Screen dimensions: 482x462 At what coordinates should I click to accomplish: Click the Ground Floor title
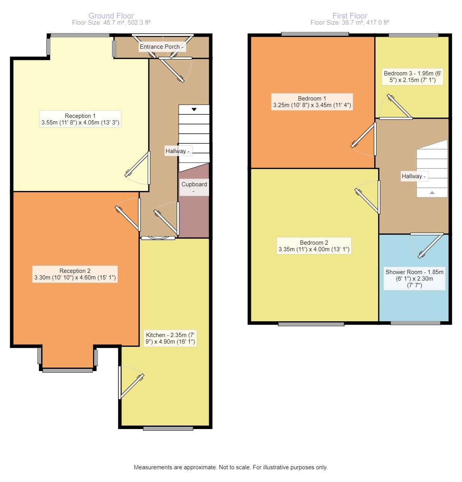coord(111,16)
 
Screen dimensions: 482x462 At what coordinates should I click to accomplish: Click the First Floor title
coord(349,16)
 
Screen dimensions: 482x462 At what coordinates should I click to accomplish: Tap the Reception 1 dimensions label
coord(80,119)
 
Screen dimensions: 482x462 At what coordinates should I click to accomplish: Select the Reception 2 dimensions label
coord(75,274)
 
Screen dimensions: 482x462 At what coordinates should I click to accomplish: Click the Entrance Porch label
coord(162,47)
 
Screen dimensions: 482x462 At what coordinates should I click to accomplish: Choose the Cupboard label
coord(194,187)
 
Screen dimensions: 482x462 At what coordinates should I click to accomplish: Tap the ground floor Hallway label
coord(177,151)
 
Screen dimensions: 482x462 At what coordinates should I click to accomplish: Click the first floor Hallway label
coord(413,176)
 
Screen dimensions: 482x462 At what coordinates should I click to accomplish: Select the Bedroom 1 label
coord(312,102)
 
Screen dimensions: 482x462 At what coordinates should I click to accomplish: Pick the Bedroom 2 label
coord(314,246)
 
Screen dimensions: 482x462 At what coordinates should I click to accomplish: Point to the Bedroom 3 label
coord(413,77)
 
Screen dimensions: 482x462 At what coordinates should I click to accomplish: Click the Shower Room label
coord(414,279)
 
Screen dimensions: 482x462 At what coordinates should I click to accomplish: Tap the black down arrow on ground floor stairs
coord(194,109)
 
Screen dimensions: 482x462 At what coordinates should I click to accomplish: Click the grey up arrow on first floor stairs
coord(432,192)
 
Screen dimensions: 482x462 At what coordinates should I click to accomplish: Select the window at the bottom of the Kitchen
coord(168,428)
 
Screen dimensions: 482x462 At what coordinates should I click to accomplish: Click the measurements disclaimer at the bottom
coord(230,467)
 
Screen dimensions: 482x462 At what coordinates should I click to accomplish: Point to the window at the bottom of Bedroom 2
coord(311,324)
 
